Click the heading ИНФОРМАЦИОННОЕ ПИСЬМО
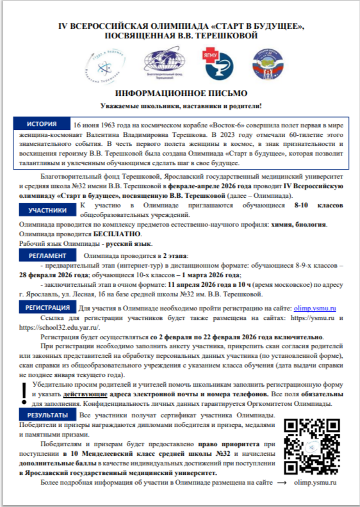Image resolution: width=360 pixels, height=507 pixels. [180, 93]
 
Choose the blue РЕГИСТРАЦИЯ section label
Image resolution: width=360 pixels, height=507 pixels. [47, 307]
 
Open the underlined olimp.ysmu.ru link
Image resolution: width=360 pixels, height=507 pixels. [315, 309]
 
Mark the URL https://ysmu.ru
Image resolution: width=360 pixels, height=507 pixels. [313, 318]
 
